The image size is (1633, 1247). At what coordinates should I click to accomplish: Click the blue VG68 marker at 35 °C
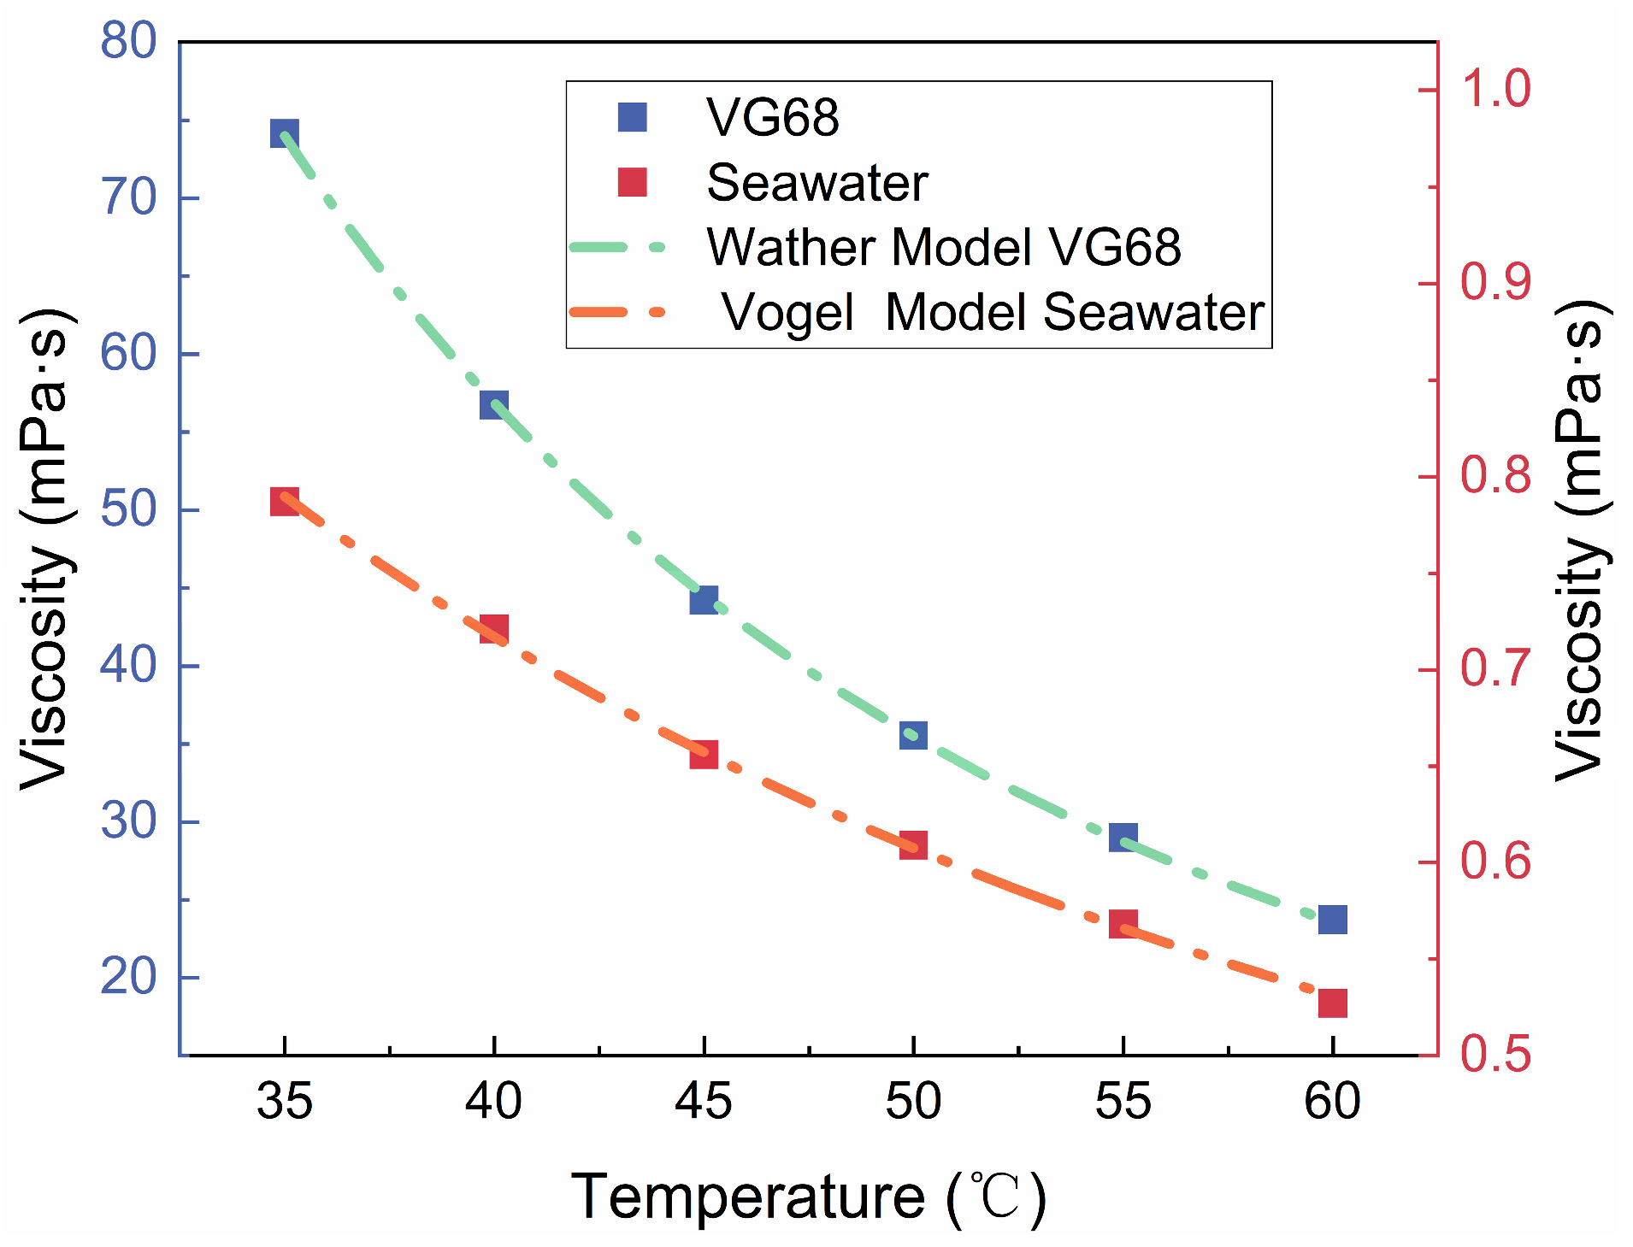284,133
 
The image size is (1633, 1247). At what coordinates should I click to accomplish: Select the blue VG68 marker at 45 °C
704,600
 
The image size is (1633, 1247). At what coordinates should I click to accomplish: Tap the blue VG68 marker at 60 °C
1333,920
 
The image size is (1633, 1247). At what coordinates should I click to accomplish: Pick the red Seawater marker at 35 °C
285,502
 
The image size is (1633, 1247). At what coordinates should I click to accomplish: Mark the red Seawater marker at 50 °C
913,845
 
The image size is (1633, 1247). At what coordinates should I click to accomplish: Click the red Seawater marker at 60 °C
1333,1003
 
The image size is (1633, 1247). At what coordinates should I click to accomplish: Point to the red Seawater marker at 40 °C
494,629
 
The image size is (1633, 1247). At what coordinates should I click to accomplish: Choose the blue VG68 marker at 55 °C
1123,838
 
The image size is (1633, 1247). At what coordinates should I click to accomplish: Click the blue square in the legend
633,117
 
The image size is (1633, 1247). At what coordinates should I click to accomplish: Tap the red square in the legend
633,182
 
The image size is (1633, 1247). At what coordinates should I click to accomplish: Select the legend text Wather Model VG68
944,247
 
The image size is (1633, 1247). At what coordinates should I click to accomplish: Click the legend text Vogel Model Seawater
993,312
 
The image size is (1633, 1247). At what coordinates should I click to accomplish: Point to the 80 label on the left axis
128,40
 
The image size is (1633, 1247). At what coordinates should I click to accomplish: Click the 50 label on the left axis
128,509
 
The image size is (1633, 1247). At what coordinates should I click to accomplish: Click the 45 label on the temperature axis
704,1101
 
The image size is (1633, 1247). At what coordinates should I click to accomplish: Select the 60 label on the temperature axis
1333,1101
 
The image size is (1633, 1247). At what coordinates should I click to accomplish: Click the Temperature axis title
809,1197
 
